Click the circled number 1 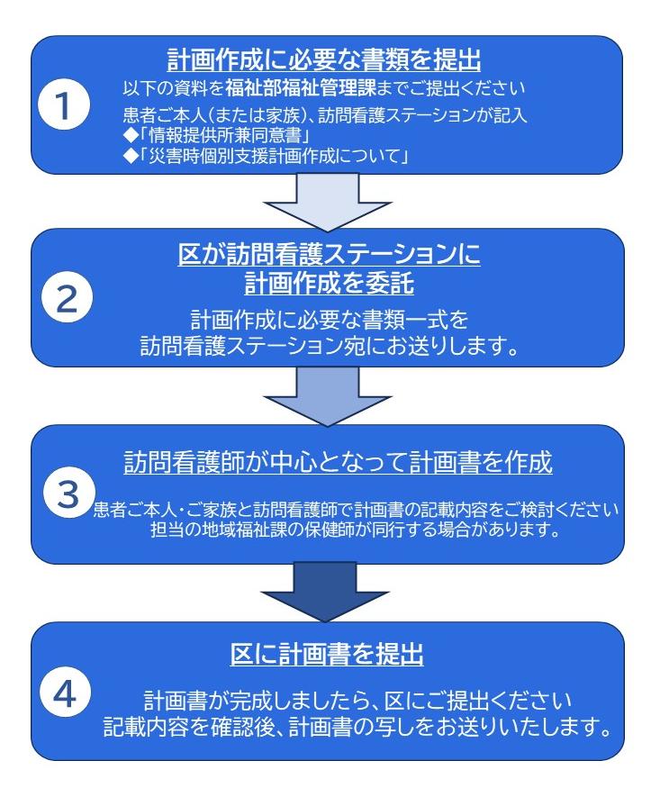pos(64,105)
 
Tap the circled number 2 pos(68,298)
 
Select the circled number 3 pos(68,493)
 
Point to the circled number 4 pos(65,692)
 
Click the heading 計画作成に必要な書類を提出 pos(324,60)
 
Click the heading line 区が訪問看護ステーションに pos(329,254)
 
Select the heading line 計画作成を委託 pos(329,283)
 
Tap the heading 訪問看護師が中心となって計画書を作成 pos(338,463)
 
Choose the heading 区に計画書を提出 pos(326,654)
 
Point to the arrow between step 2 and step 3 pos(328,396)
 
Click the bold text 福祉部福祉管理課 pos(300,88)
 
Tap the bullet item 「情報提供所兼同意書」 pos(218,136)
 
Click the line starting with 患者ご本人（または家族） pos(325,115)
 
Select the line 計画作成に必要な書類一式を pos(330,321)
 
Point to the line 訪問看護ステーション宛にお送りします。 pos(330,346)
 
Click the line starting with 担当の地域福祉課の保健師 pos(356,530)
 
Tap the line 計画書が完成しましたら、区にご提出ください pos(357,701)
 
